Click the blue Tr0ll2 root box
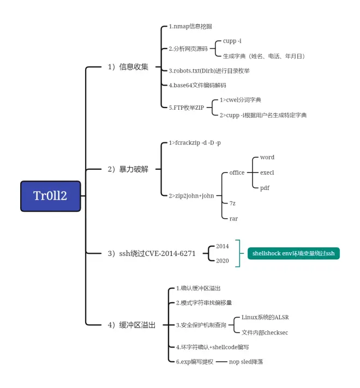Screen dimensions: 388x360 point(50,196)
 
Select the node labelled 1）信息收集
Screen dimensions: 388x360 point(128,67)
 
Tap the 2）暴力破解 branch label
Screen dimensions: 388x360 point(128,169)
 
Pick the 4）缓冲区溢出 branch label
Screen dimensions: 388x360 point(131,325)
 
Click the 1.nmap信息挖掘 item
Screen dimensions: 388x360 point(190,26)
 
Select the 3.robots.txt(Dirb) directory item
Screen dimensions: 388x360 point(209,71)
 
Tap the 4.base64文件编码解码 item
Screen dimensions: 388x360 point(197,86)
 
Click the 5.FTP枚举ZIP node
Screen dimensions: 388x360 point(186,108)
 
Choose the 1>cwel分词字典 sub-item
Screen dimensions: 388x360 point(240,100)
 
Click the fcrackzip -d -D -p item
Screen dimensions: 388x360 point(195,142)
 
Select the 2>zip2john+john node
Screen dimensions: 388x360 point(191,195)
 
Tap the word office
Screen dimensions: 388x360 point(237,172)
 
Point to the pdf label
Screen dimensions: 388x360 point(265,188)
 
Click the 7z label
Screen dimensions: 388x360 point(232,203)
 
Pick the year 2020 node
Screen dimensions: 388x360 point(222,261)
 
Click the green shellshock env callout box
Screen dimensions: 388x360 point(293,253)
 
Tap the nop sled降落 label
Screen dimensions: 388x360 point(245,361)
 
